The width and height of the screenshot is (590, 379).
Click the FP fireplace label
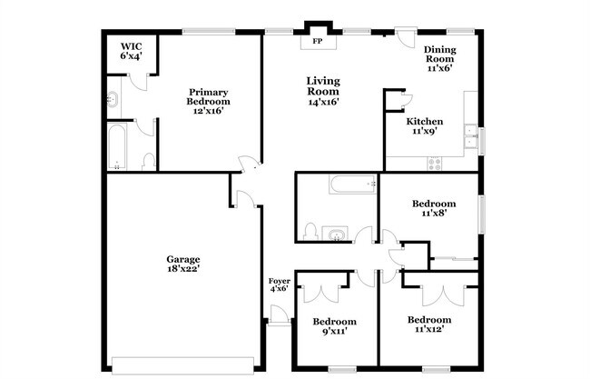point(318,42)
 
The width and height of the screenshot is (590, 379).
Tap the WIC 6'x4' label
point(132,50)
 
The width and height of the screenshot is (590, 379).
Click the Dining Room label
point(439,57)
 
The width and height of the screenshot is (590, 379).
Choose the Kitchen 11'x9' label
point(424,126)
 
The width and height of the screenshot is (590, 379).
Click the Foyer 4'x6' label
point(279,284)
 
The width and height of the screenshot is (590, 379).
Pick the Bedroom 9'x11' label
point(334,326)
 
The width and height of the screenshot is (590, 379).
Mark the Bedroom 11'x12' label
point(429,324)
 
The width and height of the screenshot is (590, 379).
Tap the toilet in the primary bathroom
point(148,161)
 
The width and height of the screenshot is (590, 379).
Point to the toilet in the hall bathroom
point(310,232)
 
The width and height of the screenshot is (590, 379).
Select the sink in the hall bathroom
point(335,234)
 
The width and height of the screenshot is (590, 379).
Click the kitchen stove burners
point(435,164)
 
